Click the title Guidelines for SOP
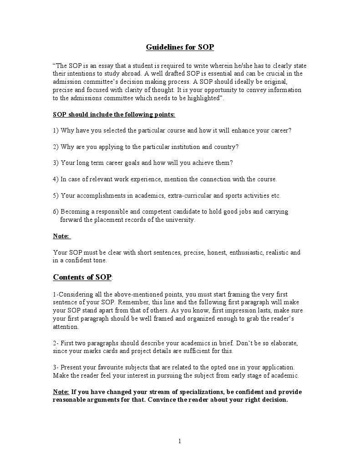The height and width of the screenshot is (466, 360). (x=180, y=47)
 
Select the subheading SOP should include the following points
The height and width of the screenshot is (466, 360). (x=114, y=114)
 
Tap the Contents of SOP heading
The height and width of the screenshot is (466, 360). (x=82, y=277)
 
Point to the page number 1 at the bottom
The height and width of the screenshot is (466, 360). (x=180, y=441)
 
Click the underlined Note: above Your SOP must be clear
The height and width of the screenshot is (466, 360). (x=61, y=236)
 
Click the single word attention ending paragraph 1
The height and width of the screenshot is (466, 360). (x=66, y=327)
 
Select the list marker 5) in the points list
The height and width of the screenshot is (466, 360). (x=56, y=195)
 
